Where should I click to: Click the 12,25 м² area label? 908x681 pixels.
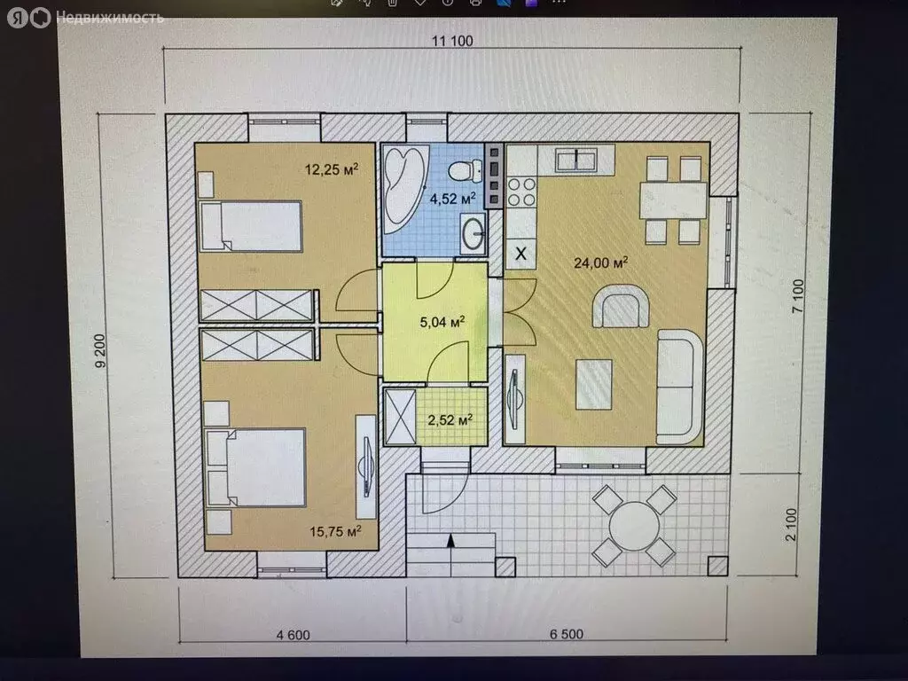pyautogui.click(x=332, y=169)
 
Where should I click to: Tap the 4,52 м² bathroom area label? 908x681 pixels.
pyautogui.click(x=452, y=199)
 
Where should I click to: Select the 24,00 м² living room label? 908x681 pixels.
pyautogui.click(x=600, y=262)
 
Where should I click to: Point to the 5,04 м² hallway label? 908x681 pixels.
pyautogui.click(x=442, y=322)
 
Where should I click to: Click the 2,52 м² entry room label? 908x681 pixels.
pyautogui.click(x=450, y=419)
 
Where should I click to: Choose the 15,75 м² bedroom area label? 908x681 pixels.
pyautogui.click(x=335, y=531)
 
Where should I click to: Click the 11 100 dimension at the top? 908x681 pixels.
pyautogui.click(x=452, y=41)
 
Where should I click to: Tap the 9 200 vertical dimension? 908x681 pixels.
pyautogui.click(x=100, y=350)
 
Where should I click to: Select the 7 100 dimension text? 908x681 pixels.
pyautogui.click(x=798, y=296)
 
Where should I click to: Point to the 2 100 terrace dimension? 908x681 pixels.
pyautogui.click(x=791, y=525)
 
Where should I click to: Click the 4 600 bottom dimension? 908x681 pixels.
pyautogui.click(x=293, y=635)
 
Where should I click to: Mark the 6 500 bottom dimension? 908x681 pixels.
pyautogui.click(x=566, y=634)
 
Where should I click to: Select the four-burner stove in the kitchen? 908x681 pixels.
pyautogui.click(x=521, y=192)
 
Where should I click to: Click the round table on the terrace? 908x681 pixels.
pyautogui.click(x=635, y=526)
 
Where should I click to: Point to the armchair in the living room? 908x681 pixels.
pyautogui.click(x=620, y=306)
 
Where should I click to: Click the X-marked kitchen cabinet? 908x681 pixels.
pyautogui.click(x=521, y=253)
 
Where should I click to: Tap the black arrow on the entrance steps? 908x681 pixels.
pyautogui.click(x=450, y=541)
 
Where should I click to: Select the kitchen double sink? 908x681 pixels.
pyautogui.click(x=576, y=160)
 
